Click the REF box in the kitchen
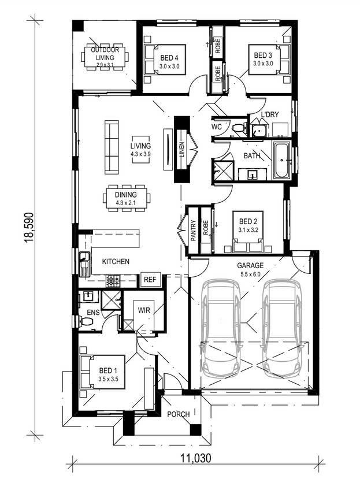coord(150,280)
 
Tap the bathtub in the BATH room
coord(282,161)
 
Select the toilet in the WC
coord(240,128)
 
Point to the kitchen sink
coord(84,264)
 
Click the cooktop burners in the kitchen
coord(113,280)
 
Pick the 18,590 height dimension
coord(29,227)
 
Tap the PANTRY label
coord(194,231)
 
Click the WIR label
coord(144,310)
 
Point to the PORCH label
coord(179,414)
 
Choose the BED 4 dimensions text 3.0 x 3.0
coord(169,66)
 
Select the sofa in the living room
coord(112,147)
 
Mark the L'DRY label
coord(270,114)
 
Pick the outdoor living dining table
coord(105,57)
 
